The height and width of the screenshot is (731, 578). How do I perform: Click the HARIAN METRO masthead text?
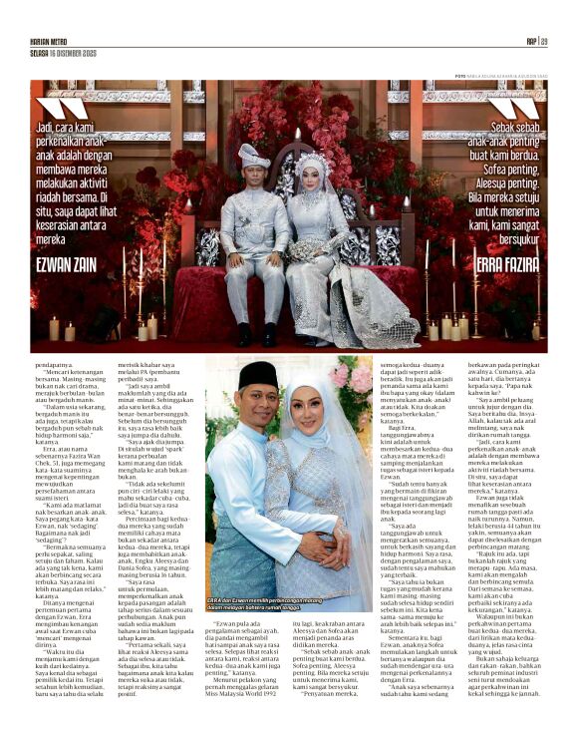[x=49, y=42]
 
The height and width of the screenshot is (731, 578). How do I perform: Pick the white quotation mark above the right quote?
[x=518, y=108]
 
